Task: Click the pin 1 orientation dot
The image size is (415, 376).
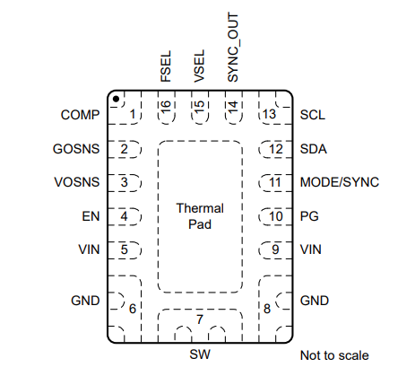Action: (x=117, y=99)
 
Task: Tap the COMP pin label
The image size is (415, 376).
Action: (x=80, y=115)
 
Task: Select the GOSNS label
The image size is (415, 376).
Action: (x=76, y=149)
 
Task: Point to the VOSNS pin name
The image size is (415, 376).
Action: (x=77, y=182)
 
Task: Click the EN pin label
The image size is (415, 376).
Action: (x=91, y=216)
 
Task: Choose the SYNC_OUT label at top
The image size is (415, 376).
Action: (x=233, y=48)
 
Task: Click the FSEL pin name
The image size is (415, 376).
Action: (x=166, y=66)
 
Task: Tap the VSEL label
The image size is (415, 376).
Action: (x=199, y=66)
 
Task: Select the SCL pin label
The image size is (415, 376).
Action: (x=313, y=115)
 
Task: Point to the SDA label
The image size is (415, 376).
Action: (x=314, y=149)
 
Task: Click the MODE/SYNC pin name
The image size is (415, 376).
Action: (x=340, y=182)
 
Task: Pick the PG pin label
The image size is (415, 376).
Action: (x=309, y=216)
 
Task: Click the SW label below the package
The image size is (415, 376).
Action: (x=200, y=354)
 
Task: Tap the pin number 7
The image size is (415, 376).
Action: (x=200, y=319)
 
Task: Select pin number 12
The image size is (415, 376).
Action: (x=276, y=149)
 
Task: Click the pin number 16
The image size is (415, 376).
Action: (x=166, y=107)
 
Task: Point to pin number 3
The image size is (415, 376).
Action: (x=124, y=182)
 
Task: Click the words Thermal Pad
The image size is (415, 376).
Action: (x=200, y=216)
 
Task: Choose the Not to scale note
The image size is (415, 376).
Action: (x=334, y=355)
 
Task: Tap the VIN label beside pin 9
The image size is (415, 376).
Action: (x=311, y=249)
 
